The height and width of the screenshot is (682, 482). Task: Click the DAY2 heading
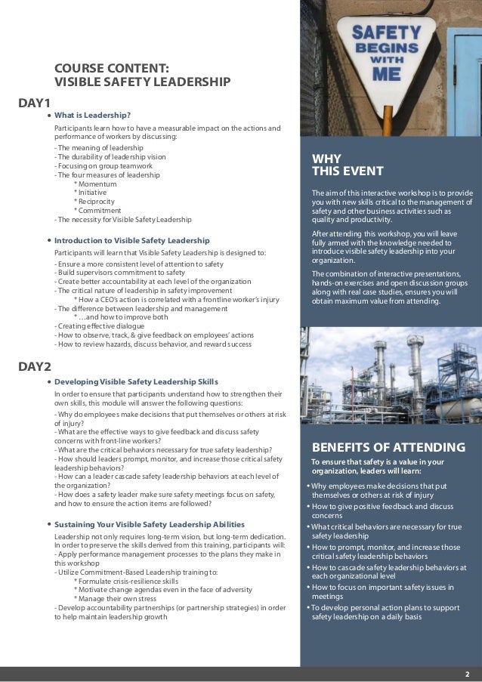click(x=34, y=367)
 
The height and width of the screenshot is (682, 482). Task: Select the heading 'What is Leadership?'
click(x=92, y=116)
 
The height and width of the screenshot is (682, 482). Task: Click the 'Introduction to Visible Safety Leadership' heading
click(x=131, y=240)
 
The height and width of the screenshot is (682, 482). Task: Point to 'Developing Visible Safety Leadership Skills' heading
click(x=136, y=381)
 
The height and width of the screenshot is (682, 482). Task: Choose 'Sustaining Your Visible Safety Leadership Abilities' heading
click(x=155, y=523)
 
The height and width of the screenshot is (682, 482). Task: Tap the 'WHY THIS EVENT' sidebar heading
click(x=348, y=164)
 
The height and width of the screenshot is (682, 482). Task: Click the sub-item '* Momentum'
click(x=95, y=184)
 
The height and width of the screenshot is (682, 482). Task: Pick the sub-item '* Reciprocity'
click(x=94, y=202)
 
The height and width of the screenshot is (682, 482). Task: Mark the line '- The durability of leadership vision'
click(x=109, y=156)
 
